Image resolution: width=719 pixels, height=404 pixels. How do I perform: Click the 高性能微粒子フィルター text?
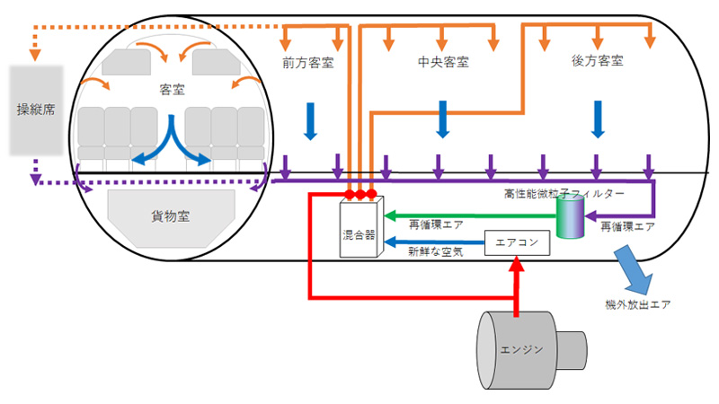pyautogui.click(x=564, y=192)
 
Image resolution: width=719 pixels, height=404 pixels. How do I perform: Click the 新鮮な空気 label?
pyautogui.click(x=436, y=254)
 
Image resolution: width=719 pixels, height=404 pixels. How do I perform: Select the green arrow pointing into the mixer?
pyautogui.click(x=467, y=216)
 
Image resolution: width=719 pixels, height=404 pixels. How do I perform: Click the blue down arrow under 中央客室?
pyautogui.click(x=442, y=119)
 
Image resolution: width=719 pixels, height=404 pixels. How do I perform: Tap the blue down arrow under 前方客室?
pyautogui.click(x=310, y=119)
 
